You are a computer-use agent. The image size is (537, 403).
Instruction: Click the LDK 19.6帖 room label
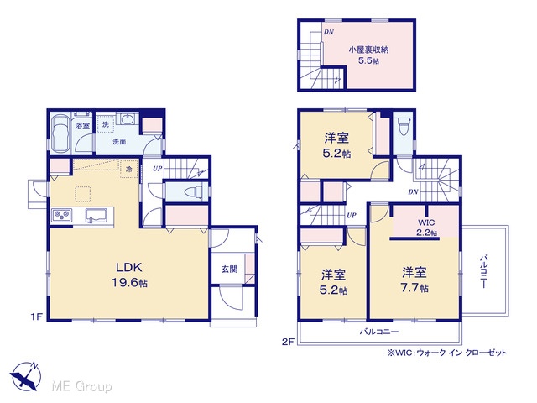point(129,275)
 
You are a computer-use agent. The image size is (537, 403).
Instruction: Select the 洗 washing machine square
point(106,124)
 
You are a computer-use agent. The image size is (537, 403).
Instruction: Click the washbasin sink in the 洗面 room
point(128,119)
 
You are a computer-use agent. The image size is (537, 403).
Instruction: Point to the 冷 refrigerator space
point(129,170)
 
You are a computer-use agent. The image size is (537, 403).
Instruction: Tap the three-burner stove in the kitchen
point(61,215)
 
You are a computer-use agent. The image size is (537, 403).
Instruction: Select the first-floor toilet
point(193,192)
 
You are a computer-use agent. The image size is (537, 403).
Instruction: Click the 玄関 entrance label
point(229,269)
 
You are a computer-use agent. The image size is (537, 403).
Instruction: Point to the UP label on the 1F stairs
point(158,168)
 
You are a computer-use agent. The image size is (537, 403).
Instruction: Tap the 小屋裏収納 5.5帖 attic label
point(368,55)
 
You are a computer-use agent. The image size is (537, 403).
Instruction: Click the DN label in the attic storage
point(329,32)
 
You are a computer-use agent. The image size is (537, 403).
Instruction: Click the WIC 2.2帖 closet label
point(426,228)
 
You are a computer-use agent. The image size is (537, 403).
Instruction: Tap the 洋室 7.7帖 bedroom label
point(414,280)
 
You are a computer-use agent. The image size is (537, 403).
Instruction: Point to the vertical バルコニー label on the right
point(483,271)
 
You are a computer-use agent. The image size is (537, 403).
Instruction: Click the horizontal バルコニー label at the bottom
point(378,332)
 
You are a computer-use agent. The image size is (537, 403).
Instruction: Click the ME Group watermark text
point(81,386)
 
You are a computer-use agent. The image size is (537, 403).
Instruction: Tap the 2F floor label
point(288,342)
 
